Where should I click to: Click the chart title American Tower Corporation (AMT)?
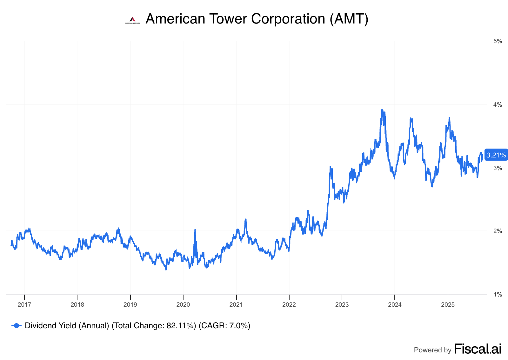click(257, 19)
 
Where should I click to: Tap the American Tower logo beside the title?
click(132, 20)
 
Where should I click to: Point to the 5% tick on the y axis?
click(498, 41)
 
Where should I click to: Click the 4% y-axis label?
click(498, 105)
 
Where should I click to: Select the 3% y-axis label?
click(498, 168)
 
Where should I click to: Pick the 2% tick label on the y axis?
click(498, 231)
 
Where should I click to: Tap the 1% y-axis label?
click(498, 295)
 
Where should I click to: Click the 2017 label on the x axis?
click(24, 304)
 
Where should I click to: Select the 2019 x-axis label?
click(130, 304)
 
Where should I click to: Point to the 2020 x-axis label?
click(183, 304)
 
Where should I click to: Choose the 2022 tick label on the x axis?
click(289, 304)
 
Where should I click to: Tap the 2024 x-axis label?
click(395, 304)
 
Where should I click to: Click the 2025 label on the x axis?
click(448, 304)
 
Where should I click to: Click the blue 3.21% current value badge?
click(496, 155)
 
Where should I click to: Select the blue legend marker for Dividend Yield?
click(16, 326)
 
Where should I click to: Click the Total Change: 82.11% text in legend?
click(154, 326)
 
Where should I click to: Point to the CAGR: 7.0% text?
click(224, 326)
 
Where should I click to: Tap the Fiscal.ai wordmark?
click(478, 349)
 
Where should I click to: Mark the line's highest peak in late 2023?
click(382, 110)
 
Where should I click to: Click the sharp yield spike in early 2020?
click(195, 230)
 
